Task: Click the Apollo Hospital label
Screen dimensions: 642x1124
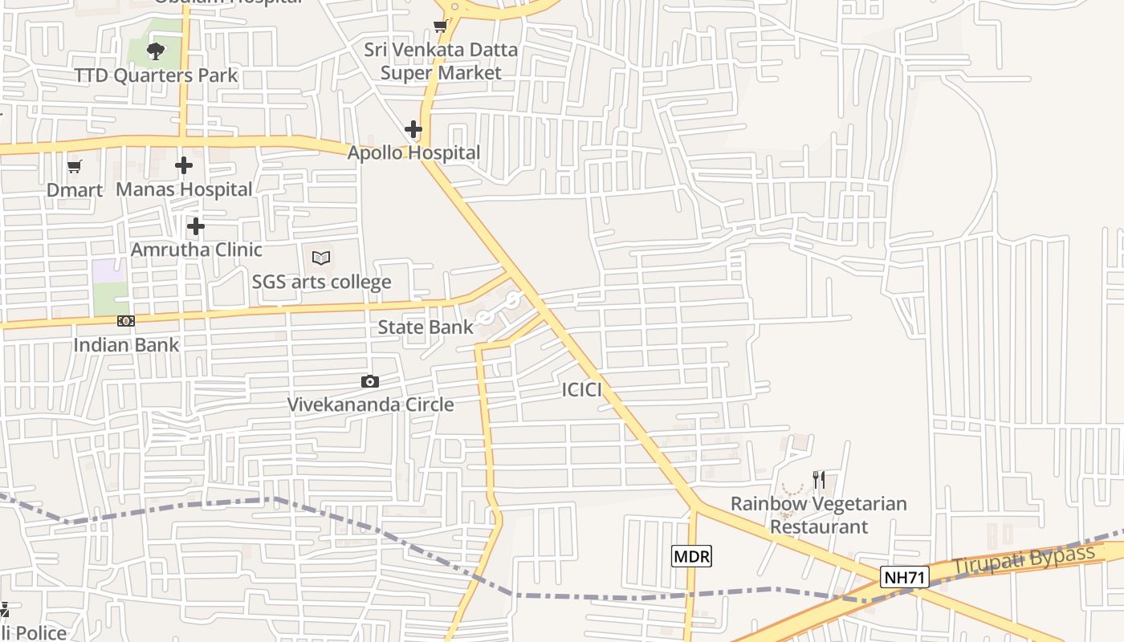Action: click(413, 152)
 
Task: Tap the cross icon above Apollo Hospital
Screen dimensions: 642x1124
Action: click(413, 128)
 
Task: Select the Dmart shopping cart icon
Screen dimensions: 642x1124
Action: click(75, 166)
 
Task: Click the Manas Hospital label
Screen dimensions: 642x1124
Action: click(184, 189)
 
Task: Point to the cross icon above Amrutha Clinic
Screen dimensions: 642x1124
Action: click(195, 226)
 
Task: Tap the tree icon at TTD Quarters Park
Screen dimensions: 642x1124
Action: click(156, 52)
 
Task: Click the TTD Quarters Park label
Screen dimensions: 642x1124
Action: click(156, 75)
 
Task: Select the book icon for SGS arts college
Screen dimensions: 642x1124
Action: click(321, 258)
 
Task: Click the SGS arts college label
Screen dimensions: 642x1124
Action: click(321, 282)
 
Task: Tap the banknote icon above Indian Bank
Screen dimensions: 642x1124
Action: click(126, 321)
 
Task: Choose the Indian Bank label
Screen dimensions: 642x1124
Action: click(126, 344)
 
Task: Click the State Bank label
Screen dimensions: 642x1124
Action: click(426, 327)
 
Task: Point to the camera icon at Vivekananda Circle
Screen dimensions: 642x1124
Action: click(370, 381)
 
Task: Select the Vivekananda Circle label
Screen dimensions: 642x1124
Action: click(370, 404)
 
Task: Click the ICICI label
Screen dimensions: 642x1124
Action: click(581, 390)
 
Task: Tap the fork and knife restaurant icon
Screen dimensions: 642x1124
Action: click(819, 480)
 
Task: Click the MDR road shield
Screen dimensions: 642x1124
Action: click(691, 556)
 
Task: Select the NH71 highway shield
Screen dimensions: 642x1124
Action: click(904, 577)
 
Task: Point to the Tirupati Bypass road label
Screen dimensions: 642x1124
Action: click(1024, 559)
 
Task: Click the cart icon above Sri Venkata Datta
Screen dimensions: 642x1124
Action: click(440, 26)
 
